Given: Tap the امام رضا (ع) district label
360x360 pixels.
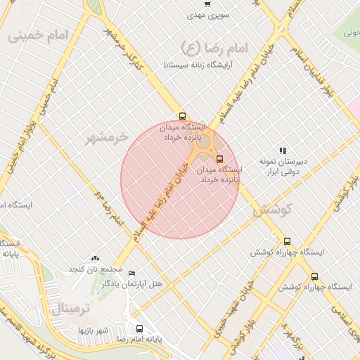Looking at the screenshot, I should coord(210,47).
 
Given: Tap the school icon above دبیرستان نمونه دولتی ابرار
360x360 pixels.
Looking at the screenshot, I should coord(283,150).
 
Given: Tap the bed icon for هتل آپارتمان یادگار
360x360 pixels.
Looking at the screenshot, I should coord(131,273).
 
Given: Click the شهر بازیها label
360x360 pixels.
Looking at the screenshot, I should coord(91,329).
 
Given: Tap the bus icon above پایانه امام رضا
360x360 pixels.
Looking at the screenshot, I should coord(139,328).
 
